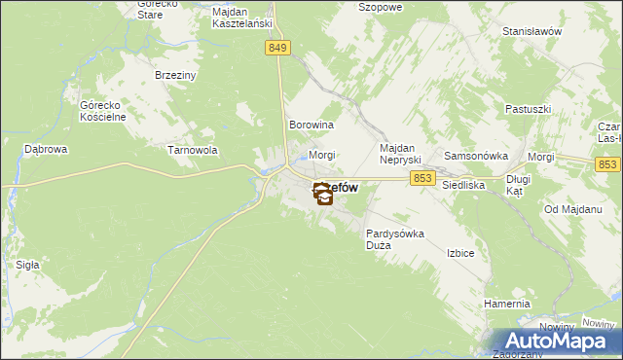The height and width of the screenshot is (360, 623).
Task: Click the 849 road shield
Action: (277, 47)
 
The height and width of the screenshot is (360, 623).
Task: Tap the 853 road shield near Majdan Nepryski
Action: (422, 177)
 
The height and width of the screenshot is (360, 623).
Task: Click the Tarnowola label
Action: (193, 151)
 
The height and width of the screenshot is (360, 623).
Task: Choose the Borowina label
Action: (311, 126)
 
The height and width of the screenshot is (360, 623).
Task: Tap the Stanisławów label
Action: (533, 31)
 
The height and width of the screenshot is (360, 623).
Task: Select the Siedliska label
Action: (463, 183)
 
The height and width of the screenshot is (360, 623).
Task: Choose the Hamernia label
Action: (507, 305)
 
